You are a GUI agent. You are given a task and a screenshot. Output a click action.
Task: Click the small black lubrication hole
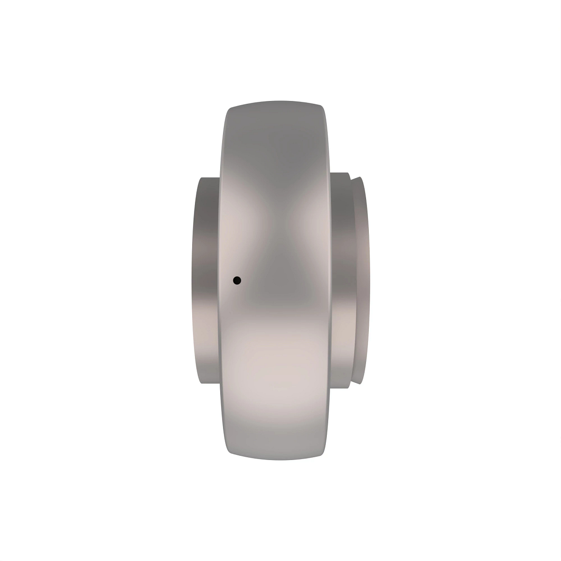pyautogui.click(x=237, y=280)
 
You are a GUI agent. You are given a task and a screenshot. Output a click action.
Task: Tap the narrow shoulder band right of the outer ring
pyautogui.click(x=340, y=280)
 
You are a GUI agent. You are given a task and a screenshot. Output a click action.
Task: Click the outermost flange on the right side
pyautogui.click(x=361, y=280)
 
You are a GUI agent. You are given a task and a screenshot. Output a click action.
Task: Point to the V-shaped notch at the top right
pyautogui.click(x=352, y=178)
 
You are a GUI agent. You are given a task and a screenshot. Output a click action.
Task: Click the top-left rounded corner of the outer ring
pyautogui.click(x=230, y=108)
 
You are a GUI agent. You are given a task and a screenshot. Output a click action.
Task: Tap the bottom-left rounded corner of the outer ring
pyautogui.click(x=230, y=453)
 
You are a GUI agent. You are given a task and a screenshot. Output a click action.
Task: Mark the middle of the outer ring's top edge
pyautogui.click(x=275, y=102)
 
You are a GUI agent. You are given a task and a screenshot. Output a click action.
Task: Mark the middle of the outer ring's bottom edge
pyautogui.click(x=275, y=459)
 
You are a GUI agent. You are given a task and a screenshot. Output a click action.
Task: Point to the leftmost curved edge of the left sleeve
pyautogui.click(x=191, y=280)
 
